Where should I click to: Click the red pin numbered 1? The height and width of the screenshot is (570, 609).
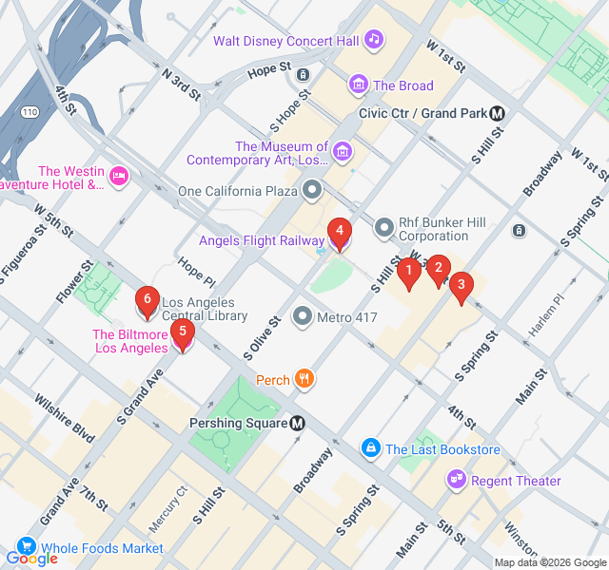tap(408, 274)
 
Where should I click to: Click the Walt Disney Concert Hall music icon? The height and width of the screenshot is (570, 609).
tap(374, 39)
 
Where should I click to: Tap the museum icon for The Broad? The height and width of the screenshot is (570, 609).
tap(358, 85)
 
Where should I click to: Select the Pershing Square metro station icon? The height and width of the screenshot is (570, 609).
tap(298, 423)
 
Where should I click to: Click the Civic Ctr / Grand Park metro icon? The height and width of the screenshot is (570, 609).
tap(498, 113)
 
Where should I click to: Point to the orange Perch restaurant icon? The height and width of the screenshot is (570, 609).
tap(304, 380)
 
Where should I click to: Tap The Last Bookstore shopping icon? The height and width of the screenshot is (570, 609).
tap(371, 447)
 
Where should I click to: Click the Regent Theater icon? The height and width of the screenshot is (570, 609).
tap(455, 480)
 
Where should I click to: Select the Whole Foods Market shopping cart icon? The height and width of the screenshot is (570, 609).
tap(26, 547)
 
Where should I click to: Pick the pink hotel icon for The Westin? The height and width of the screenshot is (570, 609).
tap(119, 175)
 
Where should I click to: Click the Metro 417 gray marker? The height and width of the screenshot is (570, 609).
tap(303, 316)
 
